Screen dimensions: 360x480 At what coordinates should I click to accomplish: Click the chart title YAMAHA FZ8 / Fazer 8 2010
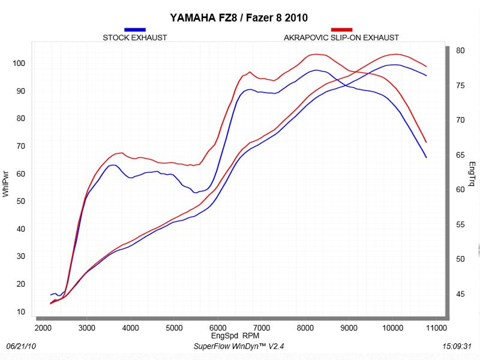[239, 17]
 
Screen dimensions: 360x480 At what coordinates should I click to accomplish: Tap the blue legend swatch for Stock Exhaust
[135, 29]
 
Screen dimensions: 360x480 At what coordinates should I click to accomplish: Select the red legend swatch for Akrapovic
[341, 29]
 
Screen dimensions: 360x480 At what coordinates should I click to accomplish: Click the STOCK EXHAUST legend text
[135, 38]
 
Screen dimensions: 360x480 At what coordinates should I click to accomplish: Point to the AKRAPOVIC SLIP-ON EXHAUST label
[341, 38]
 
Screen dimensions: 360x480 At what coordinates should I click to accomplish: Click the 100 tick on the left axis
[19, 64]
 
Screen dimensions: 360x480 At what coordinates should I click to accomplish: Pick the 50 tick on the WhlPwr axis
[21, 202]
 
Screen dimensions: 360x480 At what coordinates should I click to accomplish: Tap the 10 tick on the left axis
[21, 312]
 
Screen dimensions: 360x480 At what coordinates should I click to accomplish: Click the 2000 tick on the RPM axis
[43, 328]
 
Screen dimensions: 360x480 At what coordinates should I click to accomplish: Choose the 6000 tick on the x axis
[218, 328]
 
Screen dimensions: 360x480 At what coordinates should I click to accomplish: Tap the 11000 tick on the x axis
[437, 328]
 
